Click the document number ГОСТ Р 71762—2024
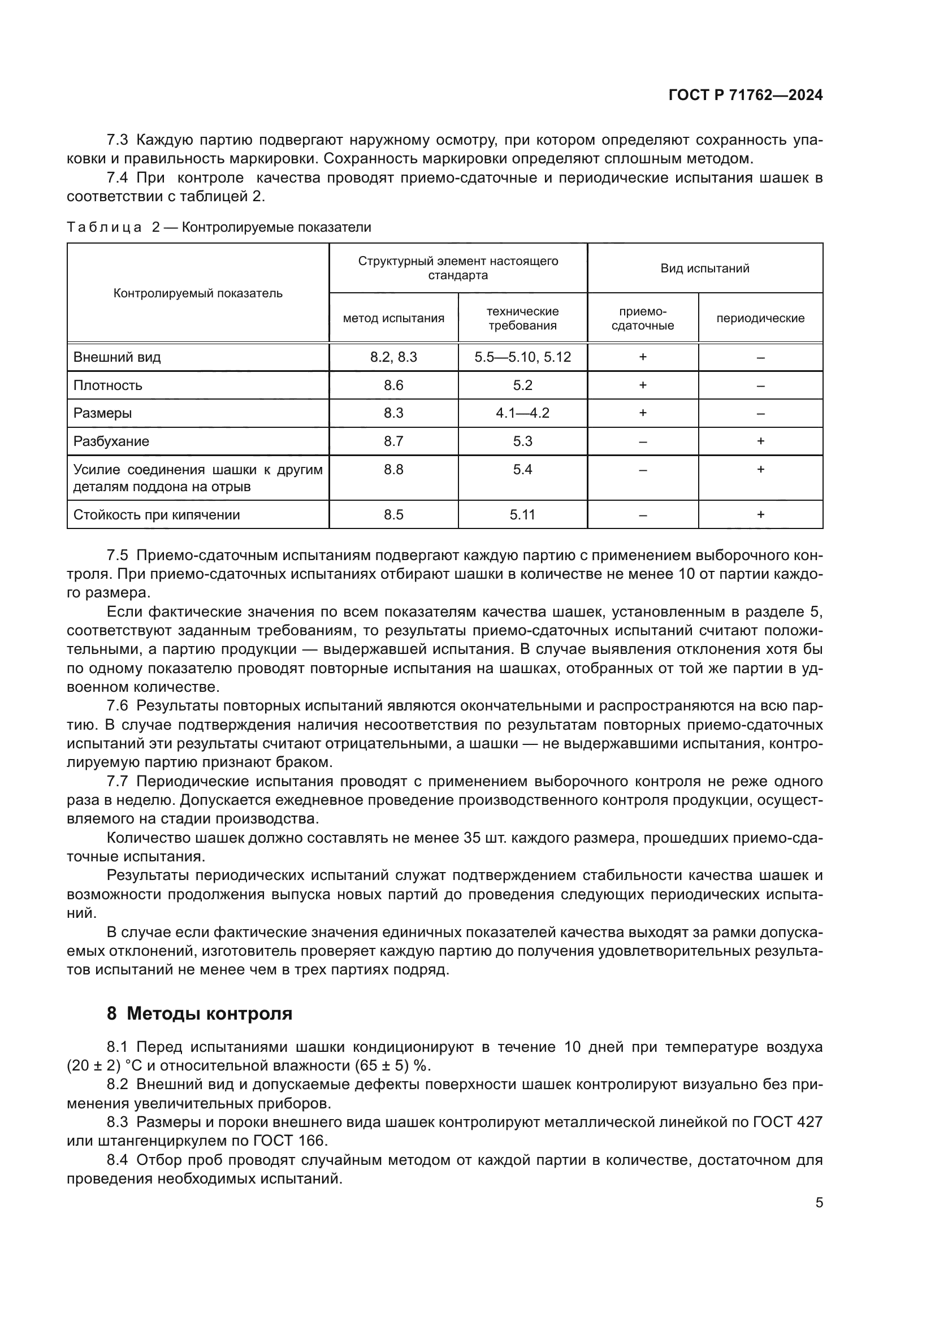(745, 96)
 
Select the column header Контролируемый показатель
(197, 294)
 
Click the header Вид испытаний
(705, 268)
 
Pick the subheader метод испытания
(393, 318)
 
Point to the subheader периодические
(760, 318)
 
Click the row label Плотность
(107, 385)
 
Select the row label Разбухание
(111, 441)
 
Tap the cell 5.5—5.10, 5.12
(522, 357)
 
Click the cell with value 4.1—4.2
(522, 413)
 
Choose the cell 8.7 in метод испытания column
(393, 441)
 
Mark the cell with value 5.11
(522, 515)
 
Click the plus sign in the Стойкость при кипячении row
(760, 515)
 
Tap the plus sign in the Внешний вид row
(643, 357)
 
